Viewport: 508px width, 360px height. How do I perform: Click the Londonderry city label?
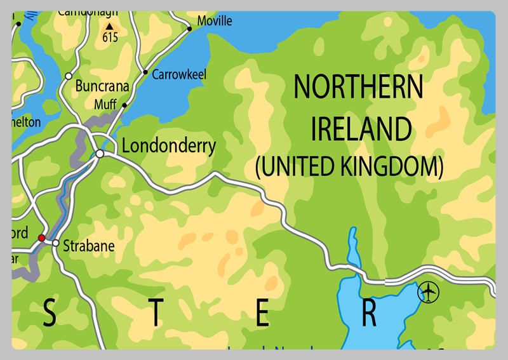[x=169, y=146]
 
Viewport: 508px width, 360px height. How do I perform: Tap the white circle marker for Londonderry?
[x=100, y=154]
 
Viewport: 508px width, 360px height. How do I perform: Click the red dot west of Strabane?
[x=41, y=238]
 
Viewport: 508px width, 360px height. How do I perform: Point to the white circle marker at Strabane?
[x=56, y=243]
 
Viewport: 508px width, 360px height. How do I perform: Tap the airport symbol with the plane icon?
[x=429, y=293]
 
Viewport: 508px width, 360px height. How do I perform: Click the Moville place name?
[x=215, y=21]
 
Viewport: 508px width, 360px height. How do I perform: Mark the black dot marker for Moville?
[x=189, y=29]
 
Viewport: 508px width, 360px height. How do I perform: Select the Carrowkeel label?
[x=180, y=74]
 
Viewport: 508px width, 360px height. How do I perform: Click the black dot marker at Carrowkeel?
[x=145, y=72]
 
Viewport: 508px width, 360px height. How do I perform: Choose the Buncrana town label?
[x=102, y=86]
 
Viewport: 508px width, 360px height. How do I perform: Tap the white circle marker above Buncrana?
[x=68, y=76]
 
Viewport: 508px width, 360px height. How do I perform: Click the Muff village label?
[x=105, y=104]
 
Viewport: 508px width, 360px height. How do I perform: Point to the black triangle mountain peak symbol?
[x=109, y=26]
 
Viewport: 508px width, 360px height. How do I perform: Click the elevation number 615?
[x=110, y=37]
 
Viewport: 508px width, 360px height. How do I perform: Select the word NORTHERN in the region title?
[x=358, y=88]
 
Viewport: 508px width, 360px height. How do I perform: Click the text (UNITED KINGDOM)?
[x=349, y=166]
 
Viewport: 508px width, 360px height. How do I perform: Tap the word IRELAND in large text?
[x=361, y=129]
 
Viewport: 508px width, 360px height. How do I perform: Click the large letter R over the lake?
[x=370, y=314]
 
